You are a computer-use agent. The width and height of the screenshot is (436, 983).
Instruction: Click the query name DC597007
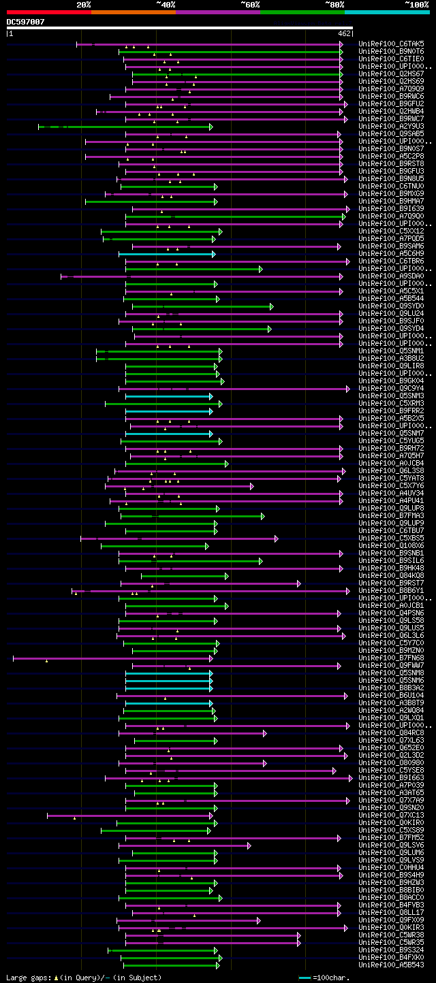point(26,22)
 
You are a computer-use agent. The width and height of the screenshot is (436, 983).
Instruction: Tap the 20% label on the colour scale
point(84,5)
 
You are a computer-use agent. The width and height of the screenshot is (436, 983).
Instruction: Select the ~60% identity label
point(250,5)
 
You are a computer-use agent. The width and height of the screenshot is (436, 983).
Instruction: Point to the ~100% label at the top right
point(416,5)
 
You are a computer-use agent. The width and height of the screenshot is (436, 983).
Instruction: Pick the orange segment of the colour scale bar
point(133,12)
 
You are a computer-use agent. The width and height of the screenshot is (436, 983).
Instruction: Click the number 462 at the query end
point(344,33)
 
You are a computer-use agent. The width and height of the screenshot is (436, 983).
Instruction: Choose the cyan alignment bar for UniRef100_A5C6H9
point(167,254)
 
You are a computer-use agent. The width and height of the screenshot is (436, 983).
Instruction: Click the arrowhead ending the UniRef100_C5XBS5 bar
point(277,538)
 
